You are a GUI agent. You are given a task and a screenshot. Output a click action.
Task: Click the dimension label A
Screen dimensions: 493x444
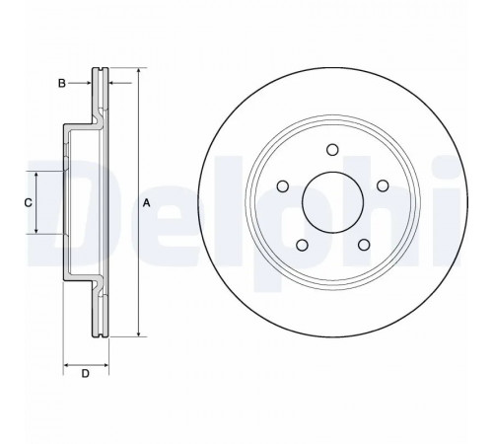click(x=147, y=203)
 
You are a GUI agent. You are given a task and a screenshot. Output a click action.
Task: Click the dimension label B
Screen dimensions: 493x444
click(x=62, y=83)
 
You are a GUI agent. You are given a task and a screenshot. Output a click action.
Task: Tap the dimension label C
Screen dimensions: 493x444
click(x=29, y=203)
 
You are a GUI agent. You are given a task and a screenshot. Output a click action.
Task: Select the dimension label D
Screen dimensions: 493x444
click(x=86, y=374)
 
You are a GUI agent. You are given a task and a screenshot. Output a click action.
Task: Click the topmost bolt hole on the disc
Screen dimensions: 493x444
click(x=332, y=150)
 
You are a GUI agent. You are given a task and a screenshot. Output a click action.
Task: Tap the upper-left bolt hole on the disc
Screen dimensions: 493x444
click(x=283, y=186)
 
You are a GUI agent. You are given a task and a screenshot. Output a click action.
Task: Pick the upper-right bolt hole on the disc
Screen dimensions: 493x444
click(x=383, y=185)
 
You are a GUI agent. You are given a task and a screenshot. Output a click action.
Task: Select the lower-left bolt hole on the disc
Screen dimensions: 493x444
click(x=302, y=245)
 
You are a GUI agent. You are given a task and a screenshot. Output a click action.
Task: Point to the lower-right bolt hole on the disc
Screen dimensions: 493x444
click(x=364, y=245)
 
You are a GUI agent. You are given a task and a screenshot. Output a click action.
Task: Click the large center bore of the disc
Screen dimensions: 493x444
click(x=332, y=202)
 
